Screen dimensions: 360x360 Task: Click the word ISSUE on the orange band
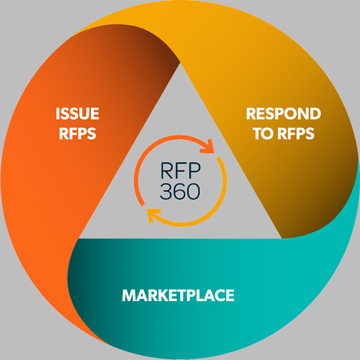click(x=77, y=114)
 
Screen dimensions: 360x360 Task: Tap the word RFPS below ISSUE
click(x=78, y=133)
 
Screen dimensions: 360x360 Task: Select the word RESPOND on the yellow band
click(x=284, y=114)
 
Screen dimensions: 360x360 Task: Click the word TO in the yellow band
click(x=263, y=133)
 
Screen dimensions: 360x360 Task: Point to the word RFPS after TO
click(x=296, y=133)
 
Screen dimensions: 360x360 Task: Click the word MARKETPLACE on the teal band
click(x=178, y=295)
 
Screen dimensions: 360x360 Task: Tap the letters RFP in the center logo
click(x=180, y=170)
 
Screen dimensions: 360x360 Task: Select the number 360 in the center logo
click(x=180, y=191)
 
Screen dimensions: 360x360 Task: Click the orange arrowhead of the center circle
click(x=207, y=146)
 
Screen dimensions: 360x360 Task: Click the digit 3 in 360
click(x=166, y=191)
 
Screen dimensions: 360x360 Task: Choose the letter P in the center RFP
click(x=195, y=170)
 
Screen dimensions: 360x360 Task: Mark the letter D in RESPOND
click(x=315, y=114)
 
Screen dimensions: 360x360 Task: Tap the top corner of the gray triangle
click(x=180, y=63)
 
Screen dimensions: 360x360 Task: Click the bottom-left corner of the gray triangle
click(x=79, y=238)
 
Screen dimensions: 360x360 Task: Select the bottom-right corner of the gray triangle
click(x=282, y=238)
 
